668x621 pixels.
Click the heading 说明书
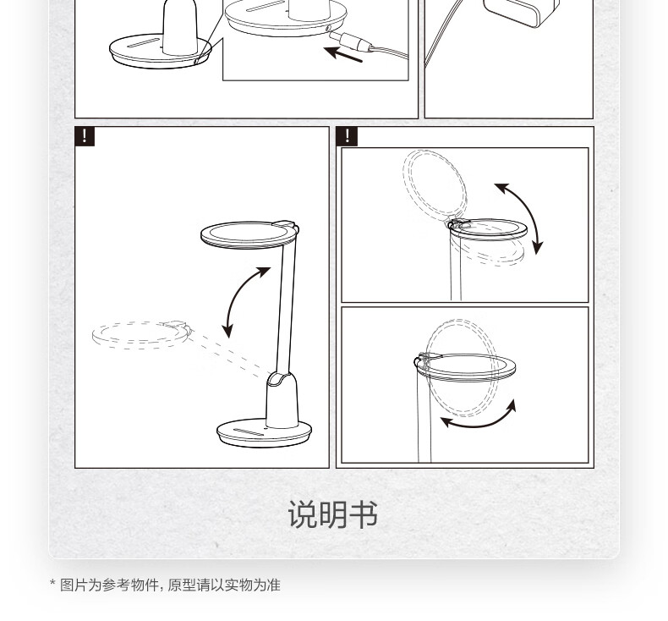click(x=332, y=514)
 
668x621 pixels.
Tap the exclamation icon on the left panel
click(x=85, y=136)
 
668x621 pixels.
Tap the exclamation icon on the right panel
click(x=347, y=136)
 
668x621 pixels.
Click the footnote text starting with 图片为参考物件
click(x=170, y=585)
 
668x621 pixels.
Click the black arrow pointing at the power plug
click(x=343, y=54)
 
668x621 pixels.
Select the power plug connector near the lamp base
click(x=352, y=41)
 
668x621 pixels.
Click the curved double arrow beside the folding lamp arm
click(x=245, y=300)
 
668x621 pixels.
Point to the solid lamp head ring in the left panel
click(x=249, y=234)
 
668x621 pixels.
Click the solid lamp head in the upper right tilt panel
click(x=488, y=229)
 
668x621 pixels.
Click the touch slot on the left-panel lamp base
click(x=249, y=432)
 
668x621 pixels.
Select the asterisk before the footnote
click(x=52, y=583)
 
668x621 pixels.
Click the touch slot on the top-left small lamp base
click(x=143, y=43)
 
